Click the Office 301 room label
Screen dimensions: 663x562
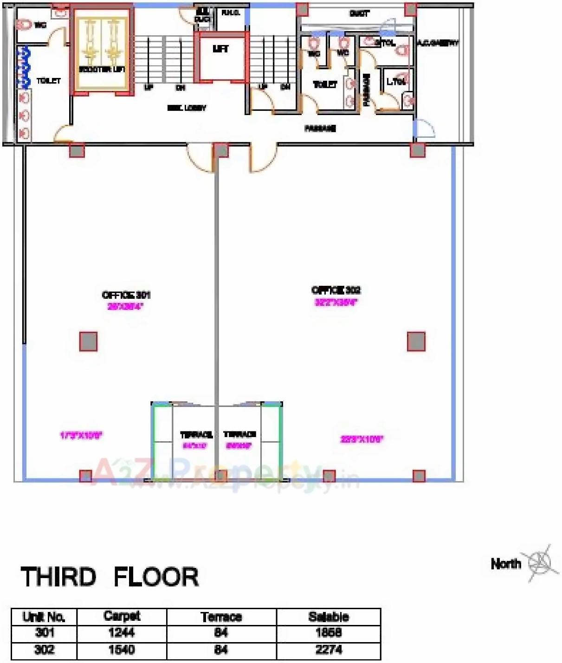[126, 295]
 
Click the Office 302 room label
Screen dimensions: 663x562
[336, 290]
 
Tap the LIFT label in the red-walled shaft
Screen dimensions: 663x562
[220, 49]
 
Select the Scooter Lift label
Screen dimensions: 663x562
[101, 70]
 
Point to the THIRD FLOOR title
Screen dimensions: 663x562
[110, 577]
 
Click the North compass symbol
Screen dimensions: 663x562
[539, 562]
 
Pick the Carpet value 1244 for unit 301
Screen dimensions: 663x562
[121, 632]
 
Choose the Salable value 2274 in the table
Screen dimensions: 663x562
[329, 650]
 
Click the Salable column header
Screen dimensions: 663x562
[329, 617]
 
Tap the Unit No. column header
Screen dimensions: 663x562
[44, 617]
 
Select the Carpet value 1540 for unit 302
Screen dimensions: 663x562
[121, 650]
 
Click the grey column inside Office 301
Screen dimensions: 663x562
[88, 341]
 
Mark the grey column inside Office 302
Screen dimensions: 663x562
[416, 341]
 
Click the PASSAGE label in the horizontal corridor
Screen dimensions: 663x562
[320, 129]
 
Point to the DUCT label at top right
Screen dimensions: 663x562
[359, 14]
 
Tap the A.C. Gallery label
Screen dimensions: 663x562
[437, 43]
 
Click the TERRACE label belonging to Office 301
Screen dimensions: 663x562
[196, 435]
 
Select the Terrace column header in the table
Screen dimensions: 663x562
[221, 617]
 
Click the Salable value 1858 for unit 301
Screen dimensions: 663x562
[329, 632]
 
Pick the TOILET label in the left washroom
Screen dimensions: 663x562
[49, 81]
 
